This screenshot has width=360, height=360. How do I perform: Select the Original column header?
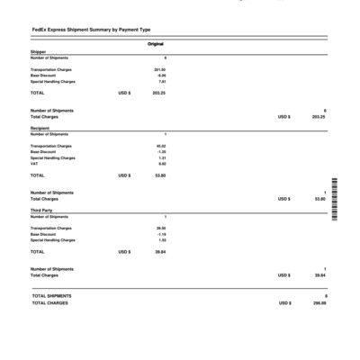coord(155,43)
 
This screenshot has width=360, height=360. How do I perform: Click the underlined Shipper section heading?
coord(37,51)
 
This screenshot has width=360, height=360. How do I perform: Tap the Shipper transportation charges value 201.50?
coord(160,68)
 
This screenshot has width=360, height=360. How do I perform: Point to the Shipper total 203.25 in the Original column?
coord(159,93)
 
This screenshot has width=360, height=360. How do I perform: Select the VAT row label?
coord(34,164)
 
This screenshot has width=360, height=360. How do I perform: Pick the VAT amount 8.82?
coord(162,164)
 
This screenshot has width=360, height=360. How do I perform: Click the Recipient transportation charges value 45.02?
coord(161,146)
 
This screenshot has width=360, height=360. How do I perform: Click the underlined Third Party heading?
coord(41,210)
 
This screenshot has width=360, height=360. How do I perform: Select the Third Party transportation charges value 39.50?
coord(161,229)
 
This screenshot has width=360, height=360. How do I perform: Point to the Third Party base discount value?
coord(161,235)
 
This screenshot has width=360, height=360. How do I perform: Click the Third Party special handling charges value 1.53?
coord(162,240)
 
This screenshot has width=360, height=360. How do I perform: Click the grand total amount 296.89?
coord(319,303)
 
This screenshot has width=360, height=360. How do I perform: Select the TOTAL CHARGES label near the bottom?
coord(50,303)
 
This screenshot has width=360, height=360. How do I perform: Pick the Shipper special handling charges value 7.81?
coord(162,81)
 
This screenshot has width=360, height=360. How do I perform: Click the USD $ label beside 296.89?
coord(284,303)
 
